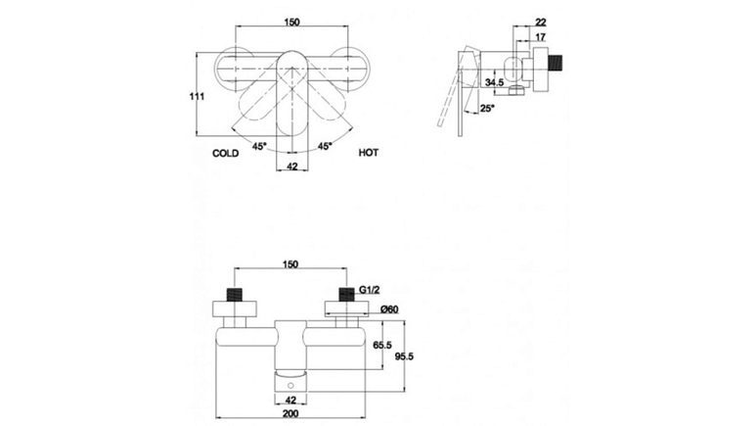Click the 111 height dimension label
coord(197,97)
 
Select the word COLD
coord(226,154)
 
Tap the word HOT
coord(369,153)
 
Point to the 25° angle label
coord(487,108)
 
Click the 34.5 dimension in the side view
coord(494,82)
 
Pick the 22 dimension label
coord(541,23)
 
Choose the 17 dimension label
coord(540,37)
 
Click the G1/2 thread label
coord(370,290)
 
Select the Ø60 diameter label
coord(389,309)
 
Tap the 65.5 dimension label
coord(382,345)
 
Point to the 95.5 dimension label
coord(404,356)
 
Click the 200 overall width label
coord(290,413)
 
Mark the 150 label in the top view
coord(291,23)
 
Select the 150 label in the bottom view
coord(290,264)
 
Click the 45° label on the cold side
coord(259,146)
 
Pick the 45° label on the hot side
coord(325,146)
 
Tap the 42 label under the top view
coord(292,166)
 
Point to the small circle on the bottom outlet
coord(290,385)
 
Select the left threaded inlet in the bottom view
coord(235,295)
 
